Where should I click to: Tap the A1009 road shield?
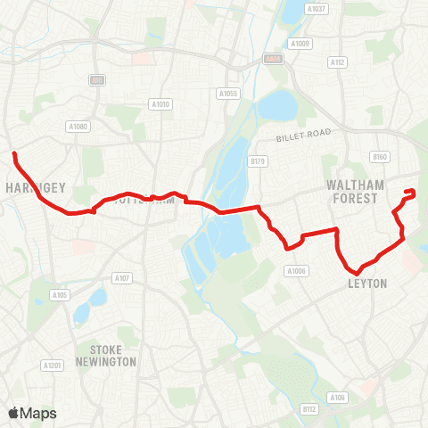click(x=300, y=43)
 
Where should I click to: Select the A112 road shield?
click(x=337, y=62)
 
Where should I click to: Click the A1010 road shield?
click(x=160, y=104)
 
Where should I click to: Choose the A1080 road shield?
click(x=79, y=127)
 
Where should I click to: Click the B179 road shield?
click(x=258, y=161)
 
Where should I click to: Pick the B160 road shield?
click(x=381, y=157)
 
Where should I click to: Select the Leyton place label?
click(x=367, y=284)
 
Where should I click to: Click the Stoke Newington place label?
click(x=112, y=355)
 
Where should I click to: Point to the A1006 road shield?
click(x=296, y=271)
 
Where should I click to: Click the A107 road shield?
click(x=122, y=278)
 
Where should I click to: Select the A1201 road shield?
click(x=52, y=366)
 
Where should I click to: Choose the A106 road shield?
click(x=337, y=397)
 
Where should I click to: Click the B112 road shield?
click(x=309, y=409)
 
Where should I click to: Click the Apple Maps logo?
click(x=32, y=413)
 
